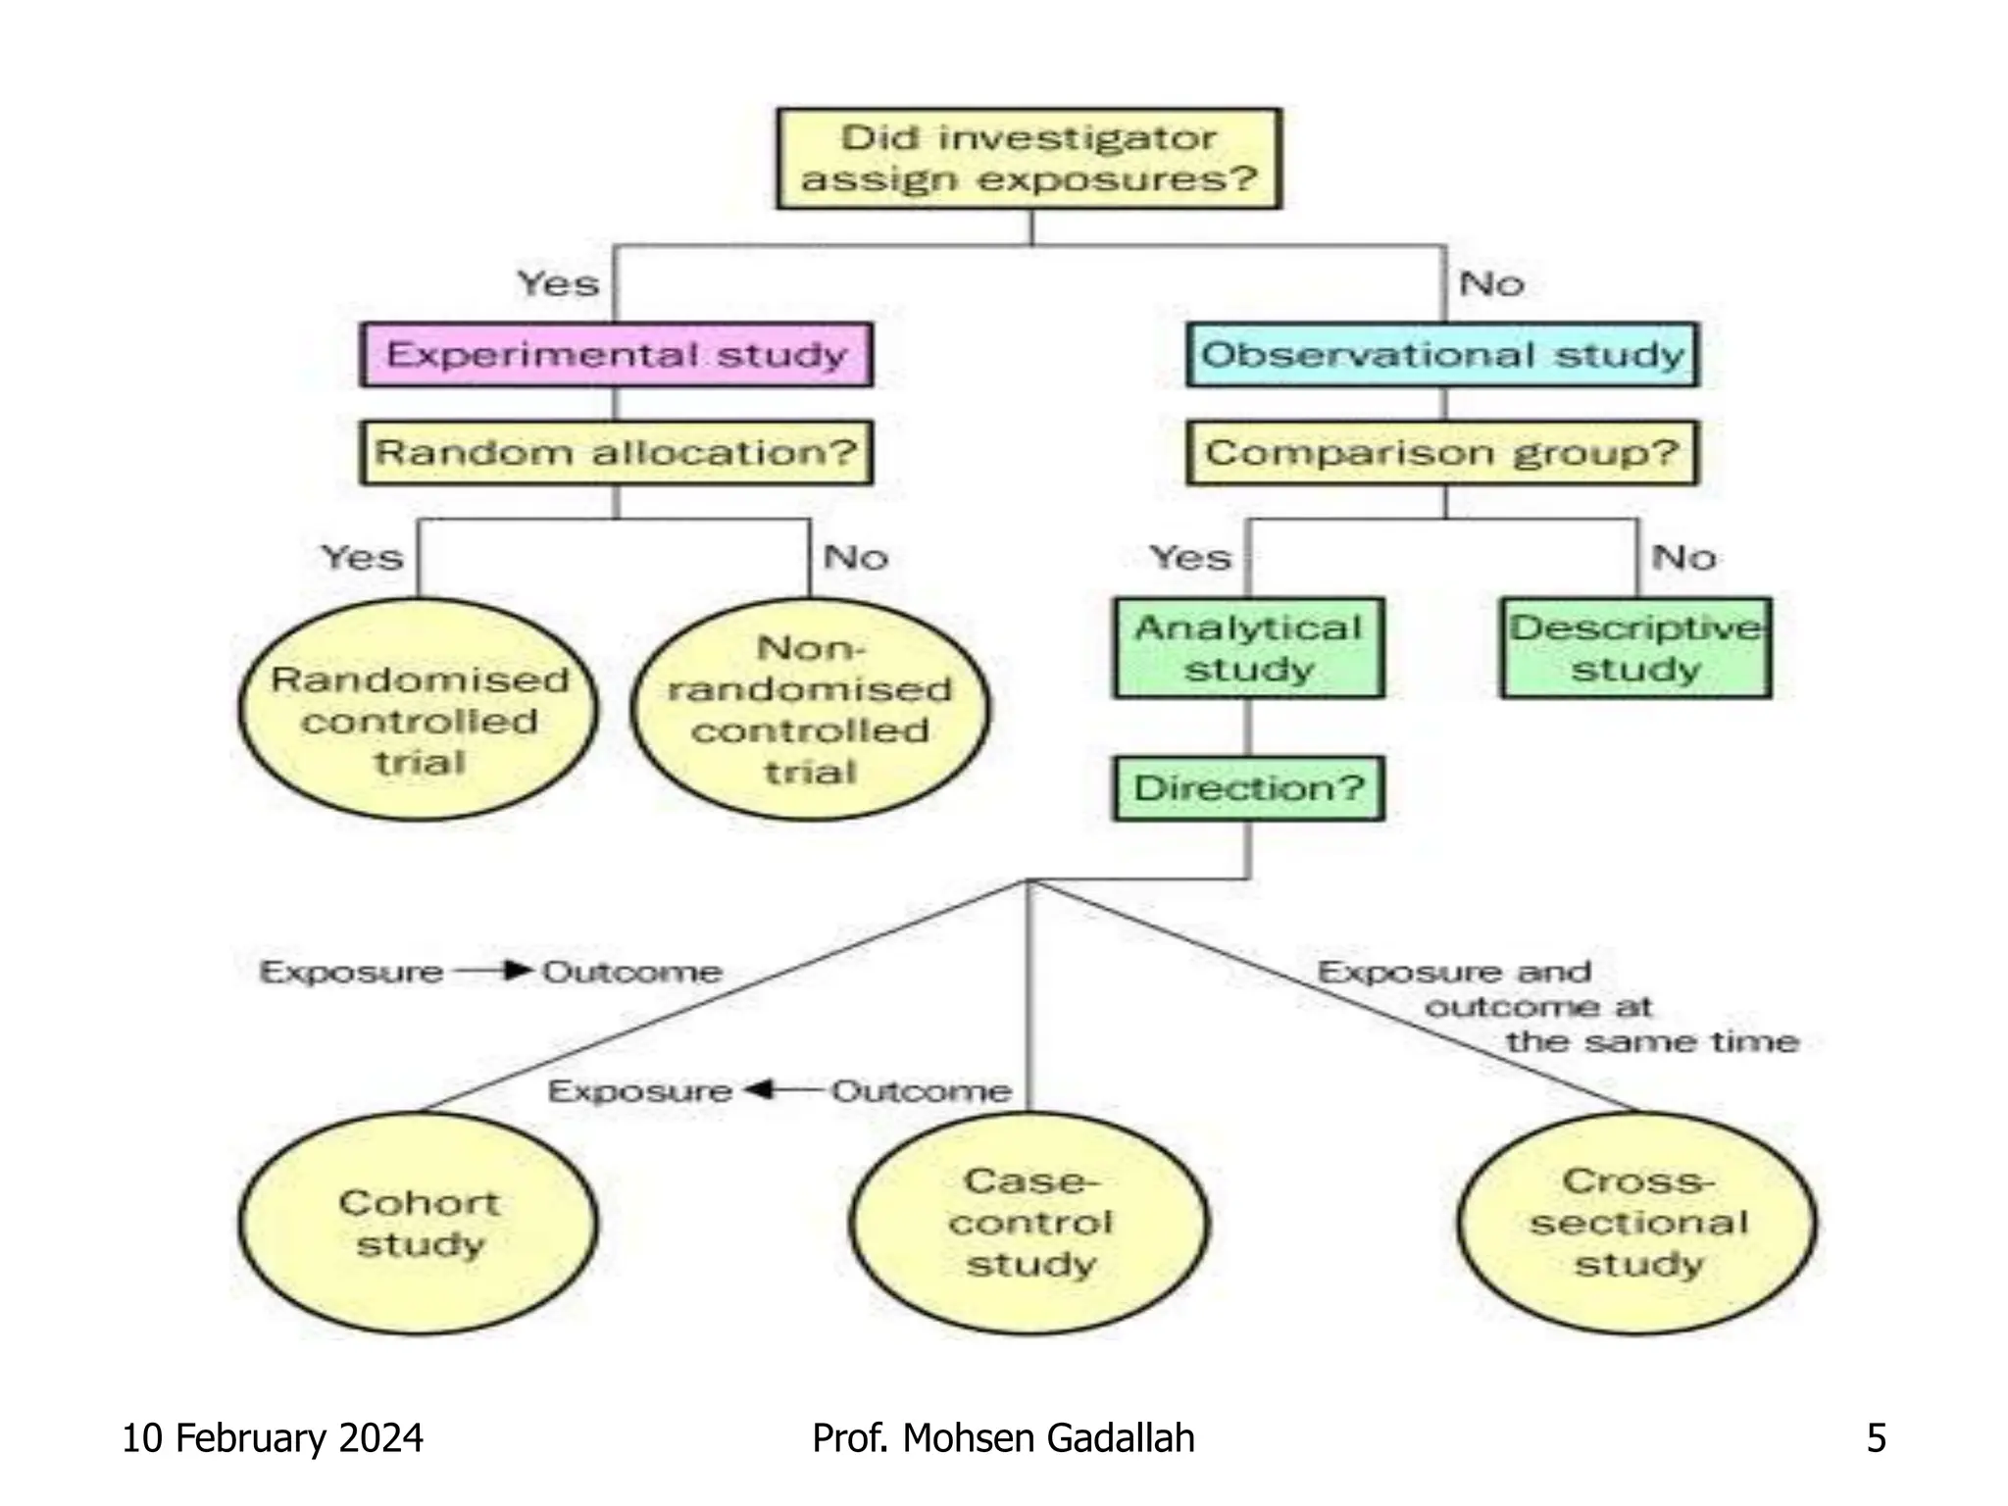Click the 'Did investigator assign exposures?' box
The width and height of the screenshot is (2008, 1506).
click(1029, 158)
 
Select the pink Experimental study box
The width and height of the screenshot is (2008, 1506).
click(616, 354)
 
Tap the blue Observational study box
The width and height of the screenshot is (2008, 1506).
click(1442, 354)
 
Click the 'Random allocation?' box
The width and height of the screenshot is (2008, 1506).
click(616, 452)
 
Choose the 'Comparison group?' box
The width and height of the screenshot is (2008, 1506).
click(1442, 452)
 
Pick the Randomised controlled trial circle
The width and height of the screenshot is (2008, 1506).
click(419, 710)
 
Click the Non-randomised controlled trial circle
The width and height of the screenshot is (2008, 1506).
click(810, 710)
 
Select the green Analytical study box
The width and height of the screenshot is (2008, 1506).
click(1248, 648)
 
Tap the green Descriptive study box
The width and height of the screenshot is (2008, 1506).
click(1635, 648)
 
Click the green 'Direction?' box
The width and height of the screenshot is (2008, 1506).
click(1248, 787)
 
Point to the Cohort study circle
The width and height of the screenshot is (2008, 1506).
click(419, 1223)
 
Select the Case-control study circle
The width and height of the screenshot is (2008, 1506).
click(1029, 1223)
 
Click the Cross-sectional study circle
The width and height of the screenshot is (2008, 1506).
click(1637, 1223)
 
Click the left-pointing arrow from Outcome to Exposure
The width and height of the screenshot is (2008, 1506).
click(780, 1089)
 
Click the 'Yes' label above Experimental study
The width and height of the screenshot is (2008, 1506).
click(558, 283)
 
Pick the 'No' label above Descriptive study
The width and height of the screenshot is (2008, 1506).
click(1683, 557)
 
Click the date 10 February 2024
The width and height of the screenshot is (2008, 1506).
click(272, 1437)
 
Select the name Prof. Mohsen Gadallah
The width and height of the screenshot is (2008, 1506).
click(1003, 1437)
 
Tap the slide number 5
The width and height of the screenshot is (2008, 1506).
click(1876, 1437)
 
